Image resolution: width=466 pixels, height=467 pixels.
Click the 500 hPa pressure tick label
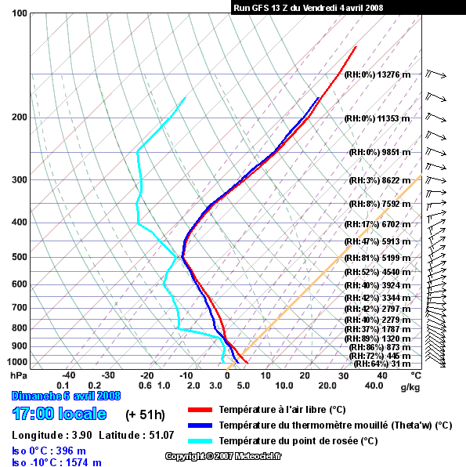coord(20,257)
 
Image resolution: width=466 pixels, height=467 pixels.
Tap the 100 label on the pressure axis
coord(20,13)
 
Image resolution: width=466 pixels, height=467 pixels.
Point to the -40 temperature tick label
coord(68,375)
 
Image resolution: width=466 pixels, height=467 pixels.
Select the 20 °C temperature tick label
coord(305,375)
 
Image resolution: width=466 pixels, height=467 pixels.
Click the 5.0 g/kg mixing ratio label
coord(244,386)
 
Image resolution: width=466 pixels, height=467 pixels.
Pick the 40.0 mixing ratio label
coord(374,386)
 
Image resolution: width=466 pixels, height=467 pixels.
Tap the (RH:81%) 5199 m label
coord(377,258)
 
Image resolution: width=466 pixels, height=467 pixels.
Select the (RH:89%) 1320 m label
coord(377,339)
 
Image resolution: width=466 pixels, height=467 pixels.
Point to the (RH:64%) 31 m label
coord(382,364)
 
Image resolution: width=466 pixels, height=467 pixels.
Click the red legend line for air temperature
coord(200,410)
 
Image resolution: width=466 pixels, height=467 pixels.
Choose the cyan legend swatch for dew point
coord(200,441)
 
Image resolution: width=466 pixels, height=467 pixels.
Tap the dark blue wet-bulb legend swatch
coord(200,425)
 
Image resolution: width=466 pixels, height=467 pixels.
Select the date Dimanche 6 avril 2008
coord(66,396)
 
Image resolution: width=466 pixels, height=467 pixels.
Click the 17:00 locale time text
coord(60,414)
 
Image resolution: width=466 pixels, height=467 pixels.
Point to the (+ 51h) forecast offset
coord(146,415)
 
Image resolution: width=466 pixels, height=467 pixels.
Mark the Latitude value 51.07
coord(161,435)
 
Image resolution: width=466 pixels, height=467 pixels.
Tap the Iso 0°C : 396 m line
coord(49,451)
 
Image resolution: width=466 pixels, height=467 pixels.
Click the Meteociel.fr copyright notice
coord(223,456)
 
